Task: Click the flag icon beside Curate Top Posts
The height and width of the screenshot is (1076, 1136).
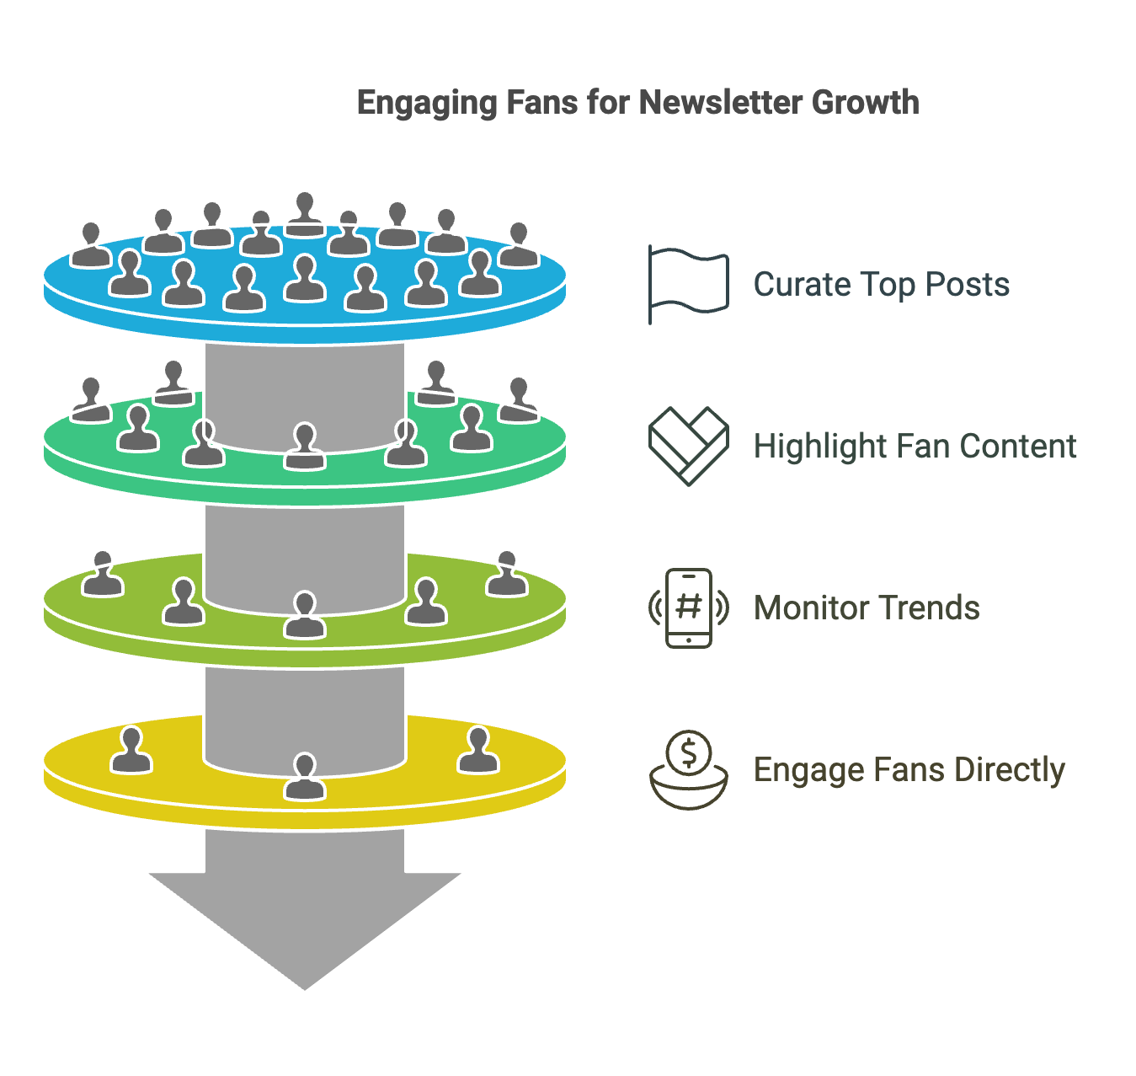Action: [687, 283]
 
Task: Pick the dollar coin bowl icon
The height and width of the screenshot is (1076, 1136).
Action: [688, 769]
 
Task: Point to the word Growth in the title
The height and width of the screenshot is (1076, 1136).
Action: [865, 103]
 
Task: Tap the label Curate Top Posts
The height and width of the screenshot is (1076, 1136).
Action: [881, 284]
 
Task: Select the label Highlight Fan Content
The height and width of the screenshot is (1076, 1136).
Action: [915, 446]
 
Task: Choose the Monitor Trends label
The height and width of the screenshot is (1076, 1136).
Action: [867, 608]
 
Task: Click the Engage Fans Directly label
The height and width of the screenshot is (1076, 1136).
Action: [909, 770]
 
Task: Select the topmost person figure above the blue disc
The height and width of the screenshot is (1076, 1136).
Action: [305, 214]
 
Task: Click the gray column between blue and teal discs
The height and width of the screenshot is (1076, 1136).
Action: [305, 393]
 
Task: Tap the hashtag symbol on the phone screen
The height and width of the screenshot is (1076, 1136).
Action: [688, 606]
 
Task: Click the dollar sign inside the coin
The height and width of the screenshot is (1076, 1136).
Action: [688, 752]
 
